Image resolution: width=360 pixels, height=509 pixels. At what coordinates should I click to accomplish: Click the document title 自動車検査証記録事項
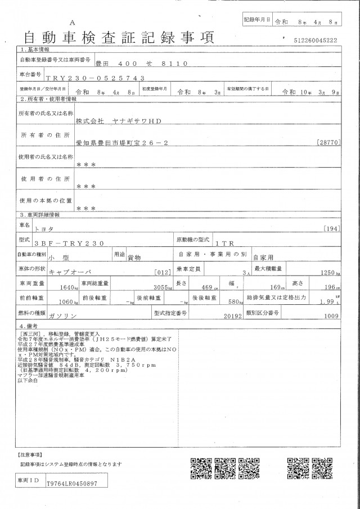tap(118, 38)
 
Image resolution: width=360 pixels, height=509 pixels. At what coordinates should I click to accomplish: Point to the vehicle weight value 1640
tap(66, 287)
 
